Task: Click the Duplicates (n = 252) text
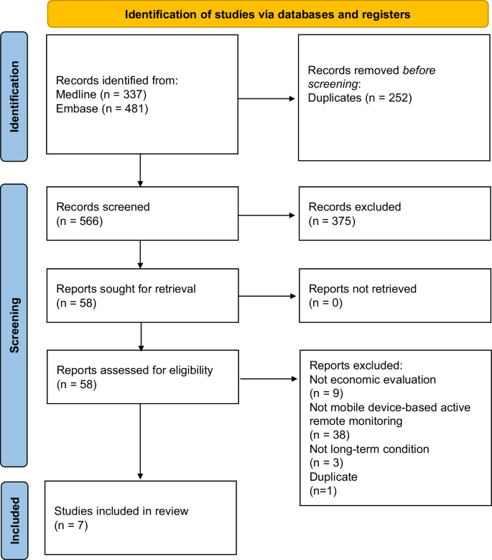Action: [359, 97]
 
